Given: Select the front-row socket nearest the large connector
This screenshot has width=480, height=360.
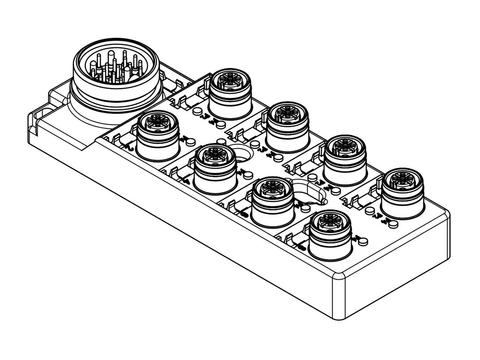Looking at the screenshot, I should pos(156,130).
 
